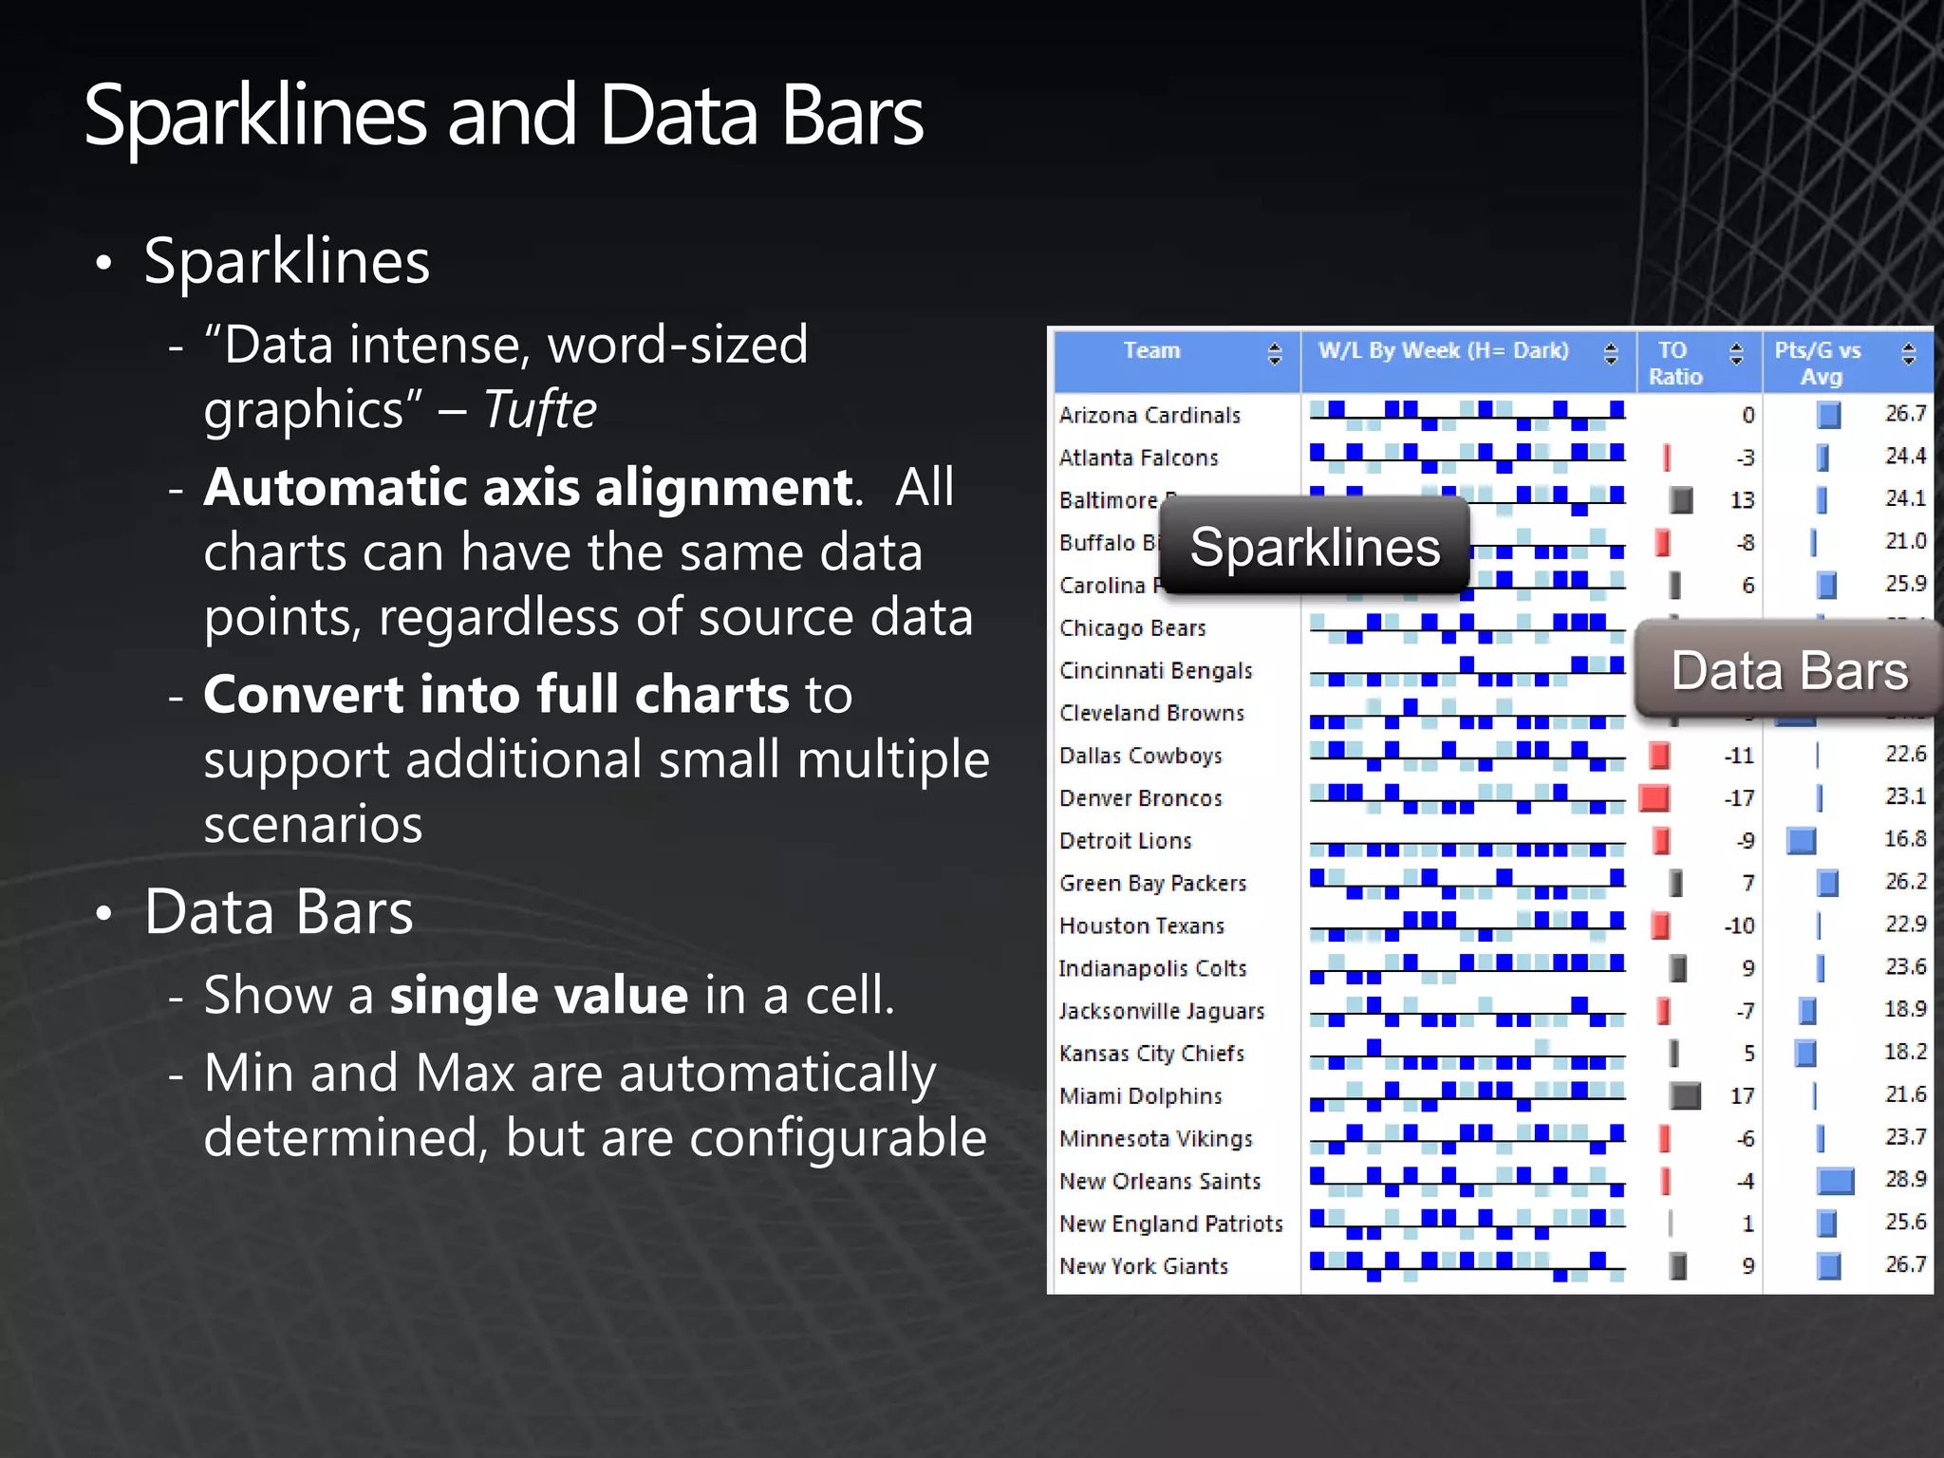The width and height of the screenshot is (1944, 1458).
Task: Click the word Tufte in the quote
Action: (540, 410)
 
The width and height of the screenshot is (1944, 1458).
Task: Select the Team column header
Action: (1151, 351)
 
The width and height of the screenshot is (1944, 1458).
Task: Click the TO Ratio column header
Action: (1674, 364)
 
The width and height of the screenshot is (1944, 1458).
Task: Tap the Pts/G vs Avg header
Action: (1819, 364)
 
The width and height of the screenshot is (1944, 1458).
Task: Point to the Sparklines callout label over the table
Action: (1315, 548)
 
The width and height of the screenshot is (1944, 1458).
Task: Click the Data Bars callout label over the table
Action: (1789, 671)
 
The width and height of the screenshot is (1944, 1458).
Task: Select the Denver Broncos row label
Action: (1141, 798)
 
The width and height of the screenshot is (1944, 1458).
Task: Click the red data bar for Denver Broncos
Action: (1654, 798)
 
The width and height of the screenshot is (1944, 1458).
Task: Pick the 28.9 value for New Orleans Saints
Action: (1905, 1180)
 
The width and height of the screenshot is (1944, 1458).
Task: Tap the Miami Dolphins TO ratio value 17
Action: (1742, 1096)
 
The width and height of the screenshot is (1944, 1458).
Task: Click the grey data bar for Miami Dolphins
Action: (1685, 1096)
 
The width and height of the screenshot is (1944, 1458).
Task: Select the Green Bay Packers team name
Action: (1152, 884)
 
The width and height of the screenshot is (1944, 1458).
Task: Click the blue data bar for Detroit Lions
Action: (1801, 841)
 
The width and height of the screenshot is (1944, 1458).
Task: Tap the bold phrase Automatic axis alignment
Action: (528, 488)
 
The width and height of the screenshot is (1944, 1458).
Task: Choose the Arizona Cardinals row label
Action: (1150, 416)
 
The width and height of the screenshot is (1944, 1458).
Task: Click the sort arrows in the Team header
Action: (1275, 354)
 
